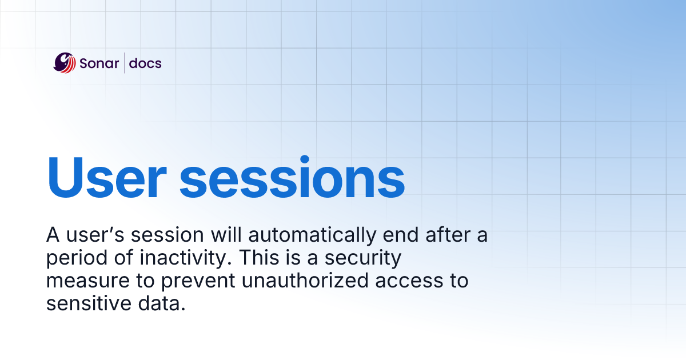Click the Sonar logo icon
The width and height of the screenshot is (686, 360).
click(x=65, y=63)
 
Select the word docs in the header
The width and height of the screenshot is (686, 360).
click(x=145, y=63)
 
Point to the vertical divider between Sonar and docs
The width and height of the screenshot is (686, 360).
click(x=124, y=63)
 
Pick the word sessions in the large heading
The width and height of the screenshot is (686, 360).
click(x=292, y=177)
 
